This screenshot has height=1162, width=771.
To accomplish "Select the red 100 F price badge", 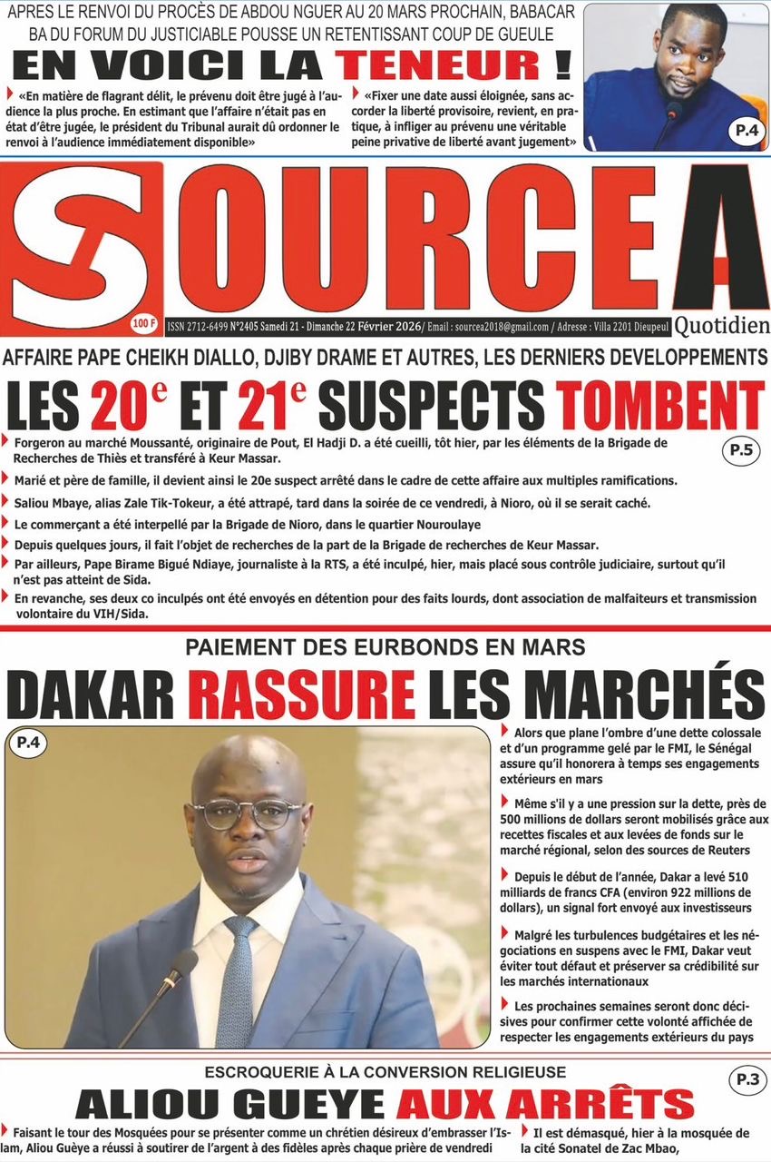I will click(x=143, y=321).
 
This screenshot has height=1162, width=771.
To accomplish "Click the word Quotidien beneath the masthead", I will click(x=722, y=325).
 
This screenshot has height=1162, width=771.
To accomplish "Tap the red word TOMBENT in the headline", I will click(x=660, y=406).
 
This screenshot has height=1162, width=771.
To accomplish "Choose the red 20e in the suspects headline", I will click(x=122, y=406).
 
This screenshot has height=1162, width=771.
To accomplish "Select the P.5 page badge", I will click(x=742, y=450).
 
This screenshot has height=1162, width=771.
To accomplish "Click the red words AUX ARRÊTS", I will click(x=544, y=1104).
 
